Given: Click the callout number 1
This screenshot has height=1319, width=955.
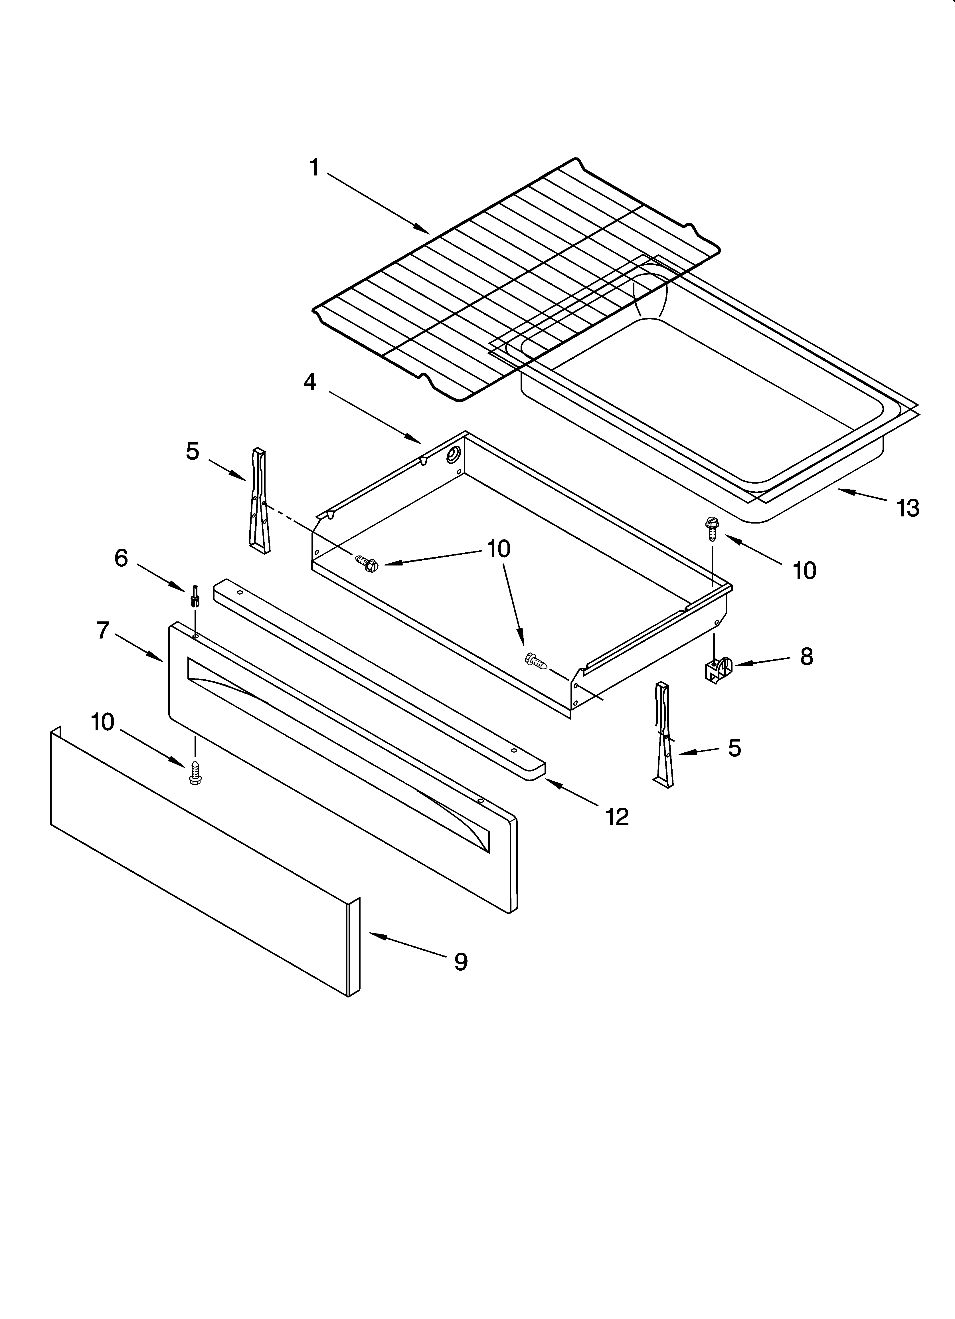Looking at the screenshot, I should click(314, 168).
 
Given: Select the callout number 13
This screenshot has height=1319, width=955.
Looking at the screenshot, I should click(908, 508).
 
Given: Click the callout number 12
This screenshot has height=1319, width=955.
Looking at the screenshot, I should click(617, 817).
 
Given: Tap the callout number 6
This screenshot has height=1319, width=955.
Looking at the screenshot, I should click(121, 558).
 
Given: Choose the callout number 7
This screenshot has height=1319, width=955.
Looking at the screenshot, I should click(103, 630).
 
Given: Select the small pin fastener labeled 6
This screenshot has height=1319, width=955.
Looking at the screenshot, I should click(194, 597).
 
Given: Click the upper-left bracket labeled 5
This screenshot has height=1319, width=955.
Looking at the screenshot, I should click(259, 500).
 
